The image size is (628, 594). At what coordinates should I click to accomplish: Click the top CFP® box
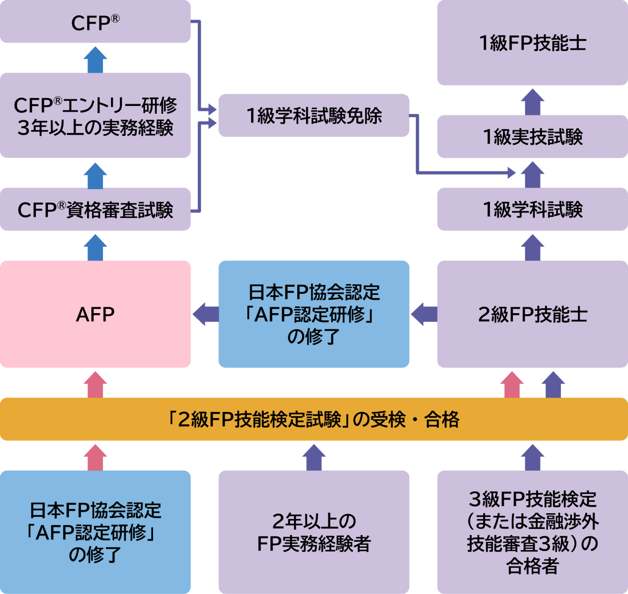(95, 22)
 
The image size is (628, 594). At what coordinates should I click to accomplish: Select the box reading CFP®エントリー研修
(95, 115)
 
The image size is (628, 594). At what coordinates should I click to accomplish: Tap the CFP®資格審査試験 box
(95, 209)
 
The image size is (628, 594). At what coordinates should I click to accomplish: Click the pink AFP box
(95, 314)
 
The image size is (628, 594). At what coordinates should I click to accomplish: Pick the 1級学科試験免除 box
(314, 115)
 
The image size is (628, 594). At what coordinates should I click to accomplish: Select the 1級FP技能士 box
(532, 43)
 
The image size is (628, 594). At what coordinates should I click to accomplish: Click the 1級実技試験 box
(532, 136)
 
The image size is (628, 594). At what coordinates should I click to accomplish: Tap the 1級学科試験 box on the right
(532, 209)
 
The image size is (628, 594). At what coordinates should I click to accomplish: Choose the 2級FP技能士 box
(532, 314)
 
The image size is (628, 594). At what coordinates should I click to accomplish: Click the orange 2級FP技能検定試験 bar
(314, 419)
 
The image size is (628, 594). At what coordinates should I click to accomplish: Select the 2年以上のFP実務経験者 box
(314, 532)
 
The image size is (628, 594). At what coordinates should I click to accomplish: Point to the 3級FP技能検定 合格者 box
(532, 532)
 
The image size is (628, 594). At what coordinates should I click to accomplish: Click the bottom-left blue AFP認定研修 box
(95, 532)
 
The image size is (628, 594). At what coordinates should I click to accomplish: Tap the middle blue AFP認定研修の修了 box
(314, 314)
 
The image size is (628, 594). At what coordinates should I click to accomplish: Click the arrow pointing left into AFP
(205, 314)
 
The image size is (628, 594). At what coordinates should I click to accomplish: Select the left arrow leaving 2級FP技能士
(424, 314)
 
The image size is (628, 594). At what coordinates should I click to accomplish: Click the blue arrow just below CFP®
(95, 60)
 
